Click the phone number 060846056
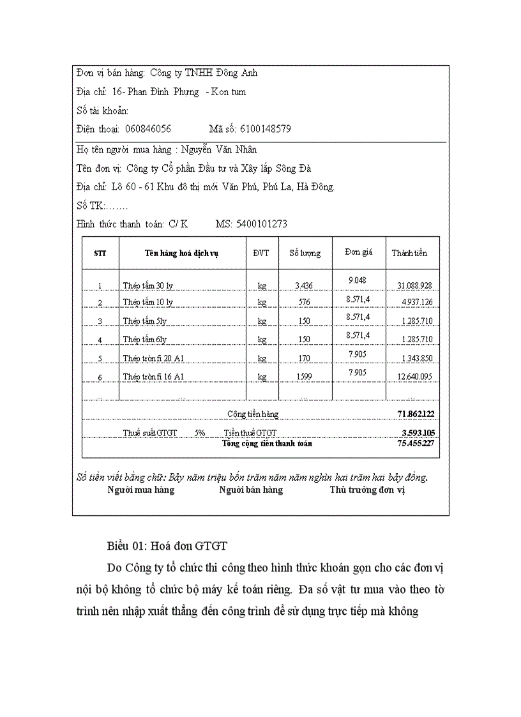tap(148, 128)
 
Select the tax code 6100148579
tap(266, 128)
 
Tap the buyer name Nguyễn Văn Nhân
tap(219, 149)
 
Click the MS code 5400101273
tap(261, 224)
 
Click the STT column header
tap(100, 253)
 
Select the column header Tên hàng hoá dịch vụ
tap(182, 253)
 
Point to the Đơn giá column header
tap(358, 252)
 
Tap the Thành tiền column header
tap(409, 253)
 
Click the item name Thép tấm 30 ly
tap(148, 285)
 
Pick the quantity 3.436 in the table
tap(305, 285)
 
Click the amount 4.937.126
tap(417, 302)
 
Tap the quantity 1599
tap(305, 377)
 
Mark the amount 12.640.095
tap(414, 377)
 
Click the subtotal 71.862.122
tap(416, 414)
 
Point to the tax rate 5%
tap(200, 432)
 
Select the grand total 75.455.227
tap(416, 443)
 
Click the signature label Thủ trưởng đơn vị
tap(368, 490)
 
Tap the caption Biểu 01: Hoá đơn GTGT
tap(167, 547)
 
